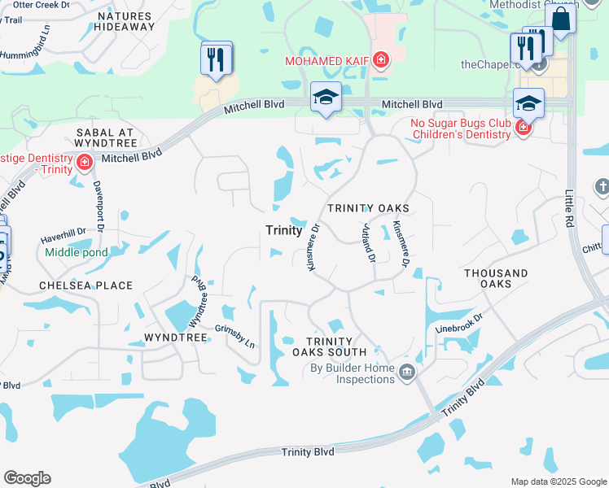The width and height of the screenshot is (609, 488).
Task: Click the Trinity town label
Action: point(284,230)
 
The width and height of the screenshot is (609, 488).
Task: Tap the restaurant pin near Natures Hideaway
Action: point(216,59)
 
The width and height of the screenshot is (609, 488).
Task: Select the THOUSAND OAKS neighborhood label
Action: point(496,278)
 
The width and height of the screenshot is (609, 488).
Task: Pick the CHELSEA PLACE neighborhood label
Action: point(85,285)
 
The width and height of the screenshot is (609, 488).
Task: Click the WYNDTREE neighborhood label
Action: point(172,336)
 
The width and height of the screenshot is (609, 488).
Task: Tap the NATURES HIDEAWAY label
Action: point(125,21)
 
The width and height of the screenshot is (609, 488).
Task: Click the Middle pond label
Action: point(77,253)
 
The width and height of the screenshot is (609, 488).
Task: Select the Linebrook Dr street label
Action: point(460,324)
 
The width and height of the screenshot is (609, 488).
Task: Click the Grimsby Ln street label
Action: point(235,337)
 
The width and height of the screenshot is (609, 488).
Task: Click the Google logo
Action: point(27,478)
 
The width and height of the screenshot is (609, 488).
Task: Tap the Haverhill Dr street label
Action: point(63,236)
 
